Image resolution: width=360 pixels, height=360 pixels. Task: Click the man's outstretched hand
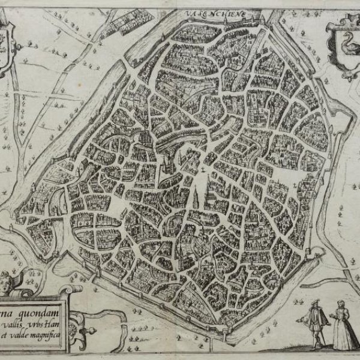click(x=329, y=325)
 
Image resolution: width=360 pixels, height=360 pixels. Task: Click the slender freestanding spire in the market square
click(x=196, y=192)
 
